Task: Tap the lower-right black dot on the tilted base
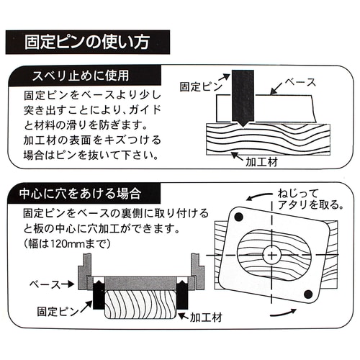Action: (308, 294)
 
